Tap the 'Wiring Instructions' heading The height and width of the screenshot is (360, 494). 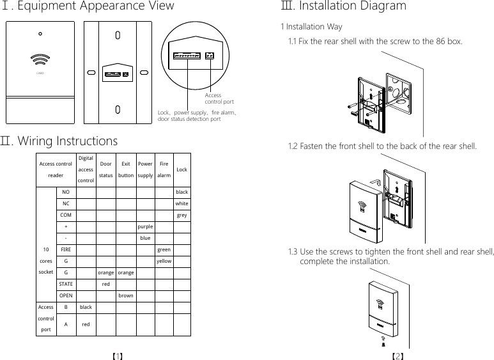[66, 141]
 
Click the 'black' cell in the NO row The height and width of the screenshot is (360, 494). [181, 192]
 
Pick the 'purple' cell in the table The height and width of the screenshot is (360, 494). [145, 226]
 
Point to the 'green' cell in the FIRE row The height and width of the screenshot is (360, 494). [164, 249]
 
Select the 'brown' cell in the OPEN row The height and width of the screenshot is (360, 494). [126, 295]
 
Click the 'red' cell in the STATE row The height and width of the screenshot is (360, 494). [106, 284]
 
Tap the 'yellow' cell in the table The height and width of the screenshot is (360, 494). [164, 261]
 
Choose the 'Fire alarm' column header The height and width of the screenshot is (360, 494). [164, 169]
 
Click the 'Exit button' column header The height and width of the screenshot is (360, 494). [126, 169]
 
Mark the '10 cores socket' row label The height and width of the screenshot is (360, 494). [46, 261]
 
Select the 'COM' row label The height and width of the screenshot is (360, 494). [66, 215]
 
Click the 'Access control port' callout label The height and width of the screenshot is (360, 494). [219, 98]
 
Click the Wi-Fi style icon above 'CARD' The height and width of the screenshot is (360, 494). [40, 58]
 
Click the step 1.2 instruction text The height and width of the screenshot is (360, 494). [382, 146]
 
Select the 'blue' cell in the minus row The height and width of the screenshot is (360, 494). [145, 238]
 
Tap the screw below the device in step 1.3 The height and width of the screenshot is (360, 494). [383, 343]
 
